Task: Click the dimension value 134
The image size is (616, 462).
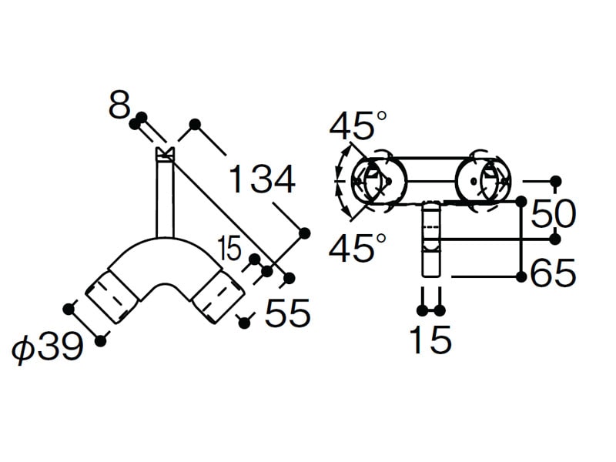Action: pyautogui.click(x=262, y=179)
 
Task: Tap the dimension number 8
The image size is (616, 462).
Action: pyautogui.click(x=119, y=105)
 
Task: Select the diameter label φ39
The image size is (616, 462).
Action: pyautogui.click(x=48, y=347)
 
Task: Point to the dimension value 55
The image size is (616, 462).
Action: pyautogui.click(x=288, y=313)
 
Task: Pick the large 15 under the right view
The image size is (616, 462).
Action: pyautogui.click(x=430, y=339)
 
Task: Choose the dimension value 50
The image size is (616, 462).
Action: pyautogui.click(x=553, y=213)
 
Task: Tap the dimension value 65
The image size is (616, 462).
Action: pyautogui.click(x=553, y=272)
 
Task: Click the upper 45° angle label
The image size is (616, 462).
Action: pyautogui.click(x=357, y=126)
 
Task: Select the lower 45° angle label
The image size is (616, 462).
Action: pyautogui.click(x=357, y=247)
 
